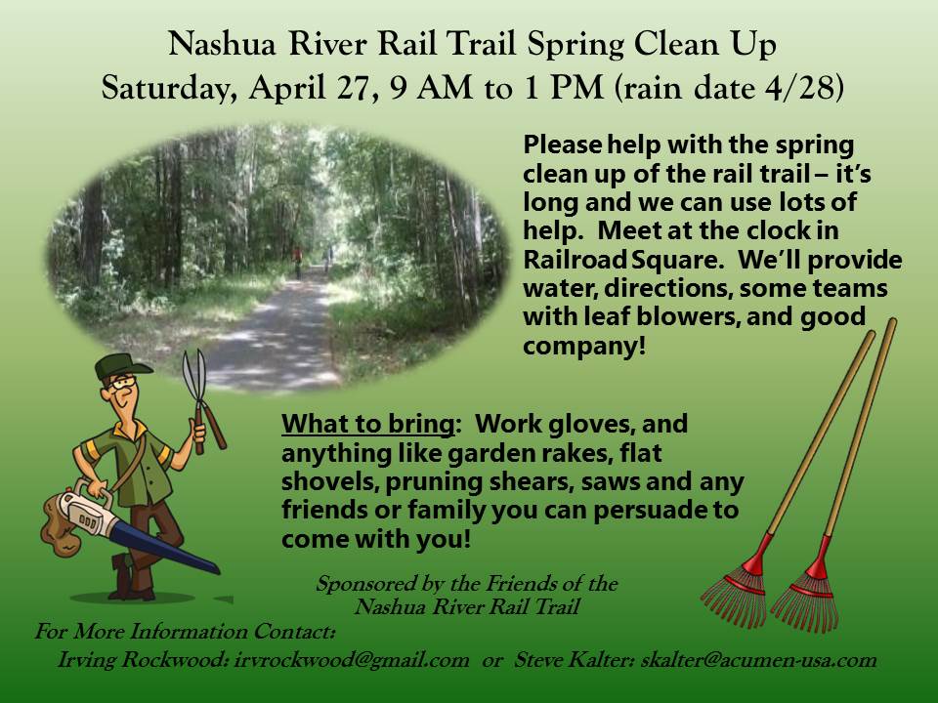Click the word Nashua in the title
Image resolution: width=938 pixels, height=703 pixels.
coord(222,44)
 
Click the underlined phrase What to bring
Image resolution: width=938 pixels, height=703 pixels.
coord(368,424)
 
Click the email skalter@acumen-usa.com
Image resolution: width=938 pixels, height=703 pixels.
coord(758,660)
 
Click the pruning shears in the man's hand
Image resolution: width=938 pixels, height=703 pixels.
coord(201,401)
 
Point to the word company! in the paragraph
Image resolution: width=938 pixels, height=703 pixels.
coord(584,346)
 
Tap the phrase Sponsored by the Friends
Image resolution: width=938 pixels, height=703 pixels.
coord(467,583)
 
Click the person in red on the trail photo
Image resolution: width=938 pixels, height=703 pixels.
coord(297,262)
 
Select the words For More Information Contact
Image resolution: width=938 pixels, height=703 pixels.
coord(185,632)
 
